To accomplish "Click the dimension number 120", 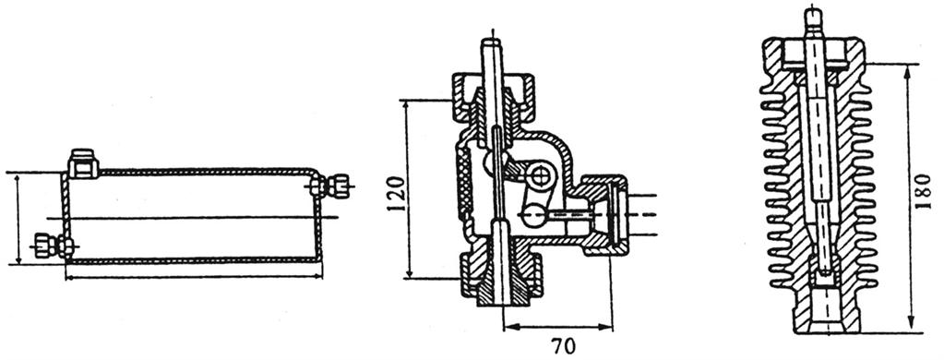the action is click(396, 192).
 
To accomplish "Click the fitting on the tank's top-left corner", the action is click(83, 163).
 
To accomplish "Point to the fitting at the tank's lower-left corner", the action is click(53, 246).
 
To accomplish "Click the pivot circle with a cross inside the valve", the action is click(538, 175).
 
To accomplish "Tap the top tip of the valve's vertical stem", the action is click(491, 41).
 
